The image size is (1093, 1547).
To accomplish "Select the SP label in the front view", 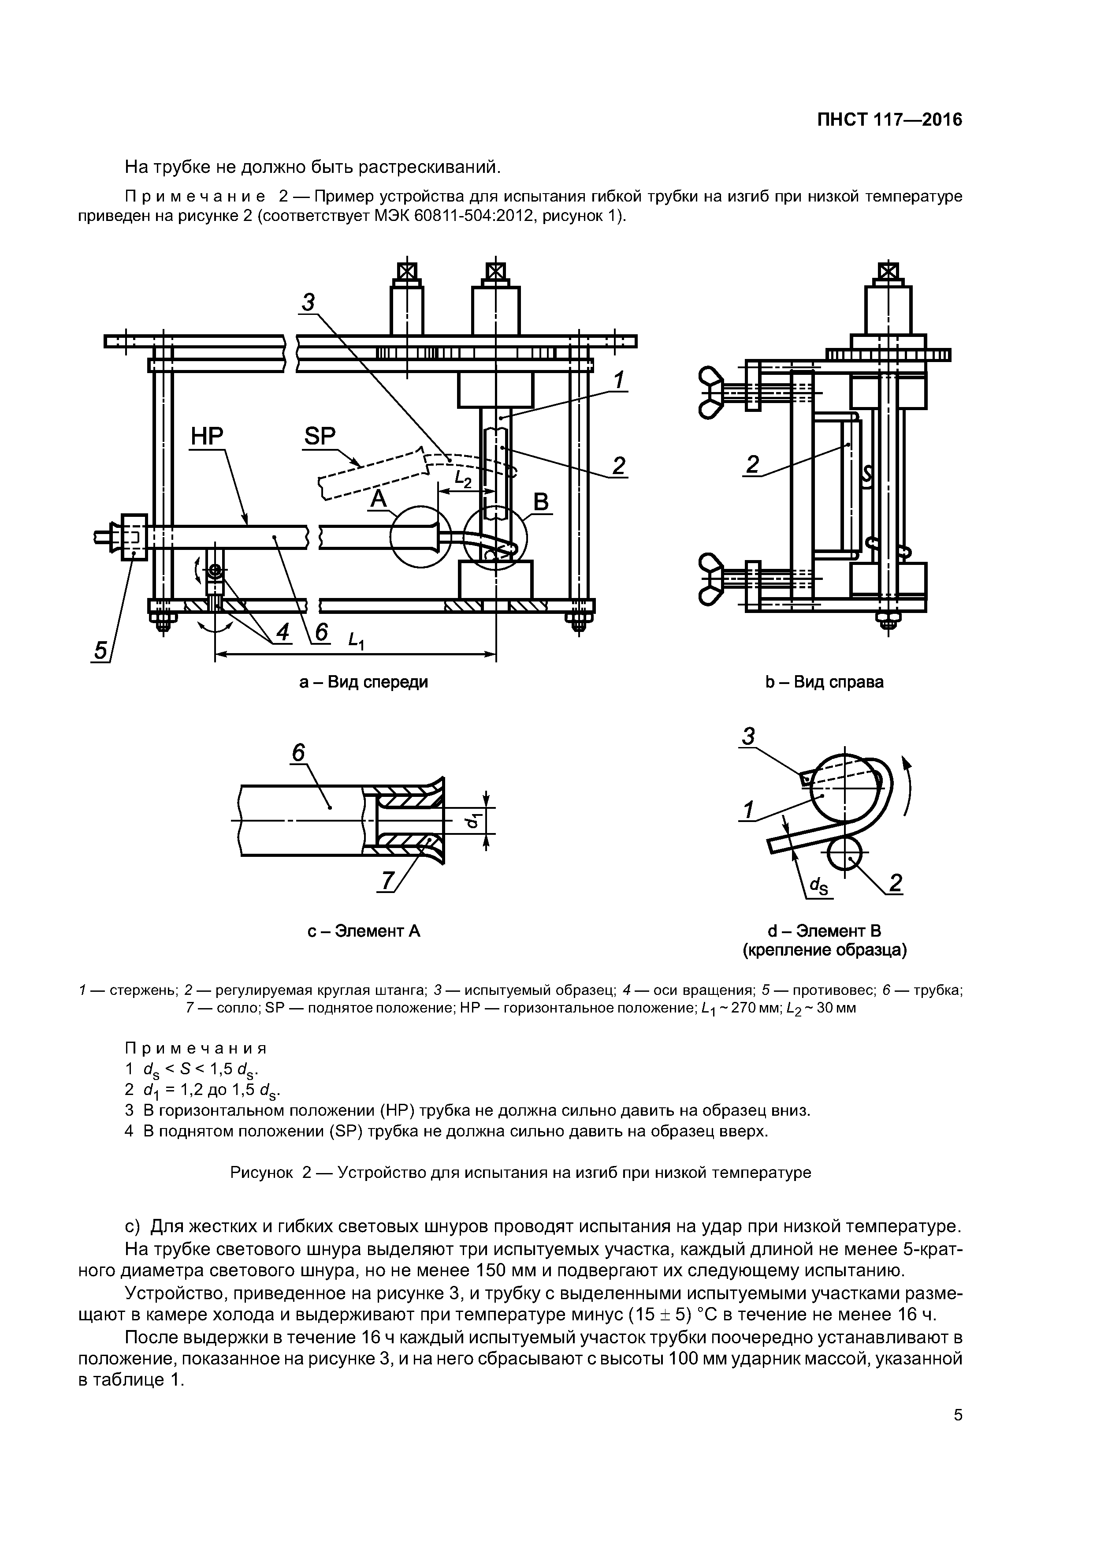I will tap(319, 437).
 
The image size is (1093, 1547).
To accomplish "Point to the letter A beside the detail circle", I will tap(379, 499).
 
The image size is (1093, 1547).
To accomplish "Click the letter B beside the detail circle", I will tap(541, 502).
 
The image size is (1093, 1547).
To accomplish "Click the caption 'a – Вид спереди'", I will tap(363, 682).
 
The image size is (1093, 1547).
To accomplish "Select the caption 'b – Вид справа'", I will tap(824, 682).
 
